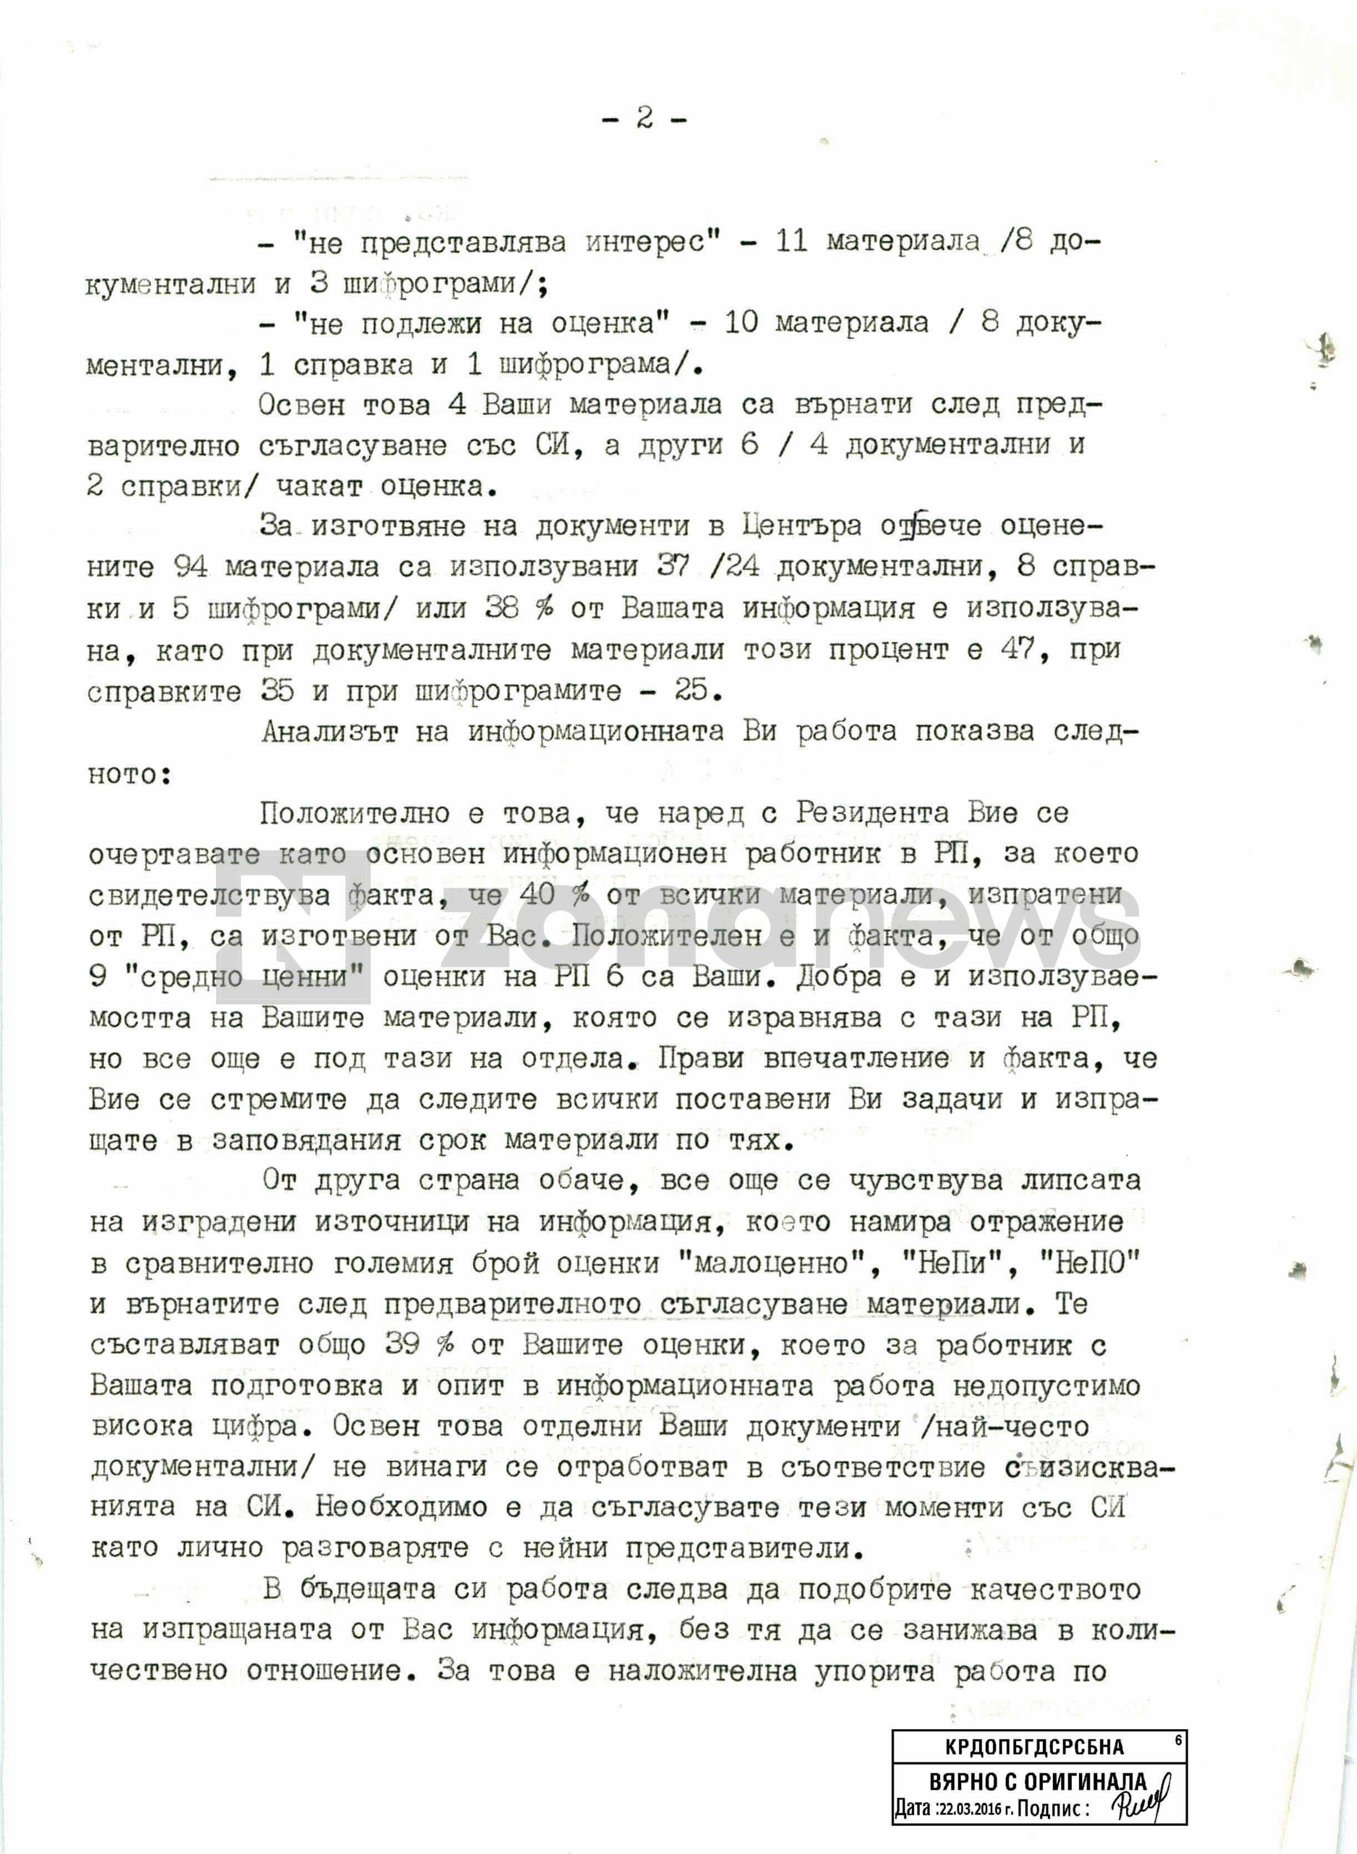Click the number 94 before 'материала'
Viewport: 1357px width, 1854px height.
point(190,566)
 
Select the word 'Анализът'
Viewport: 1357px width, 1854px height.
point(329,731)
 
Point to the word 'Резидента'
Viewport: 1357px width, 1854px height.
point(871,813)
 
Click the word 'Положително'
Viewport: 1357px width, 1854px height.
point(354,813)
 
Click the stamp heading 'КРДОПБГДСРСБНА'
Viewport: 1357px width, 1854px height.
point(1033,1746)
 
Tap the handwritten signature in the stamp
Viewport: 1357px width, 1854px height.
point(1139,1802)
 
